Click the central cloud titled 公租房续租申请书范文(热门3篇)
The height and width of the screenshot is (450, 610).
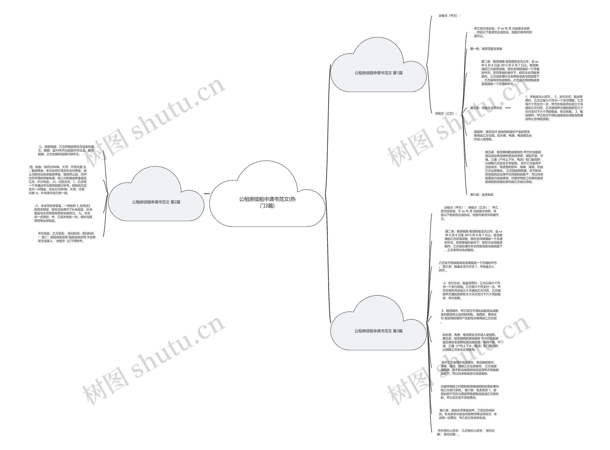click(x=267, y=202)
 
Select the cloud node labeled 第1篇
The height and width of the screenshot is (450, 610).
click(x=378, y=73)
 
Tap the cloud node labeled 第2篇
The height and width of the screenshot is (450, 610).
click(x=156, y=202)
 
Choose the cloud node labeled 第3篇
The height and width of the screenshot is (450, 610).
click(x=378, y=331)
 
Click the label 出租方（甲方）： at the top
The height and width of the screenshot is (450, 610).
click(x=449, y=16)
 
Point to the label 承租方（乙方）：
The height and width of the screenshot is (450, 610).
click(x=446, y=113)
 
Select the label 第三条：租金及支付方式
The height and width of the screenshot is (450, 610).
click(x=486, y=108)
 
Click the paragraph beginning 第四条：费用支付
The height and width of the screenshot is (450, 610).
click(x=503, y=136)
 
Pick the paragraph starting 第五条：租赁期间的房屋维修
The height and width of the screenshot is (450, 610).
click(x=514, y=167)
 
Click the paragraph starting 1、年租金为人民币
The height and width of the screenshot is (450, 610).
click(x=554, y=108)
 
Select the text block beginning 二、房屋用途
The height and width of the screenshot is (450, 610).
click(x=66, y=150)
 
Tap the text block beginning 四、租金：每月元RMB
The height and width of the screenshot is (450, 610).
click(x=58, y=180)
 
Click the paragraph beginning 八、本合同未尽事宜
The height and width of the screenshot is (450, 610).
click(x=63, y=213)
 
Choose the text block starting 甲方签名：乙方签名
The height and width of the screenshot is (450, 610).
click(x=66, y=237)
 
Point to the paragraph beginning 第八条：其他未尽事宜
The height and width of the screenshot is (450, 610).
click(x=468, y=414)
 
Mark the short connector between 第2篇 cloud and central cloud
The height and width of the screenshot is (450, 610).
click(x=207, y=194)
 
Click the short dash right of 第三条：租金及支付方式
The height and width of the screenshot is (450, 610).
click(x=508, y=108)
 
